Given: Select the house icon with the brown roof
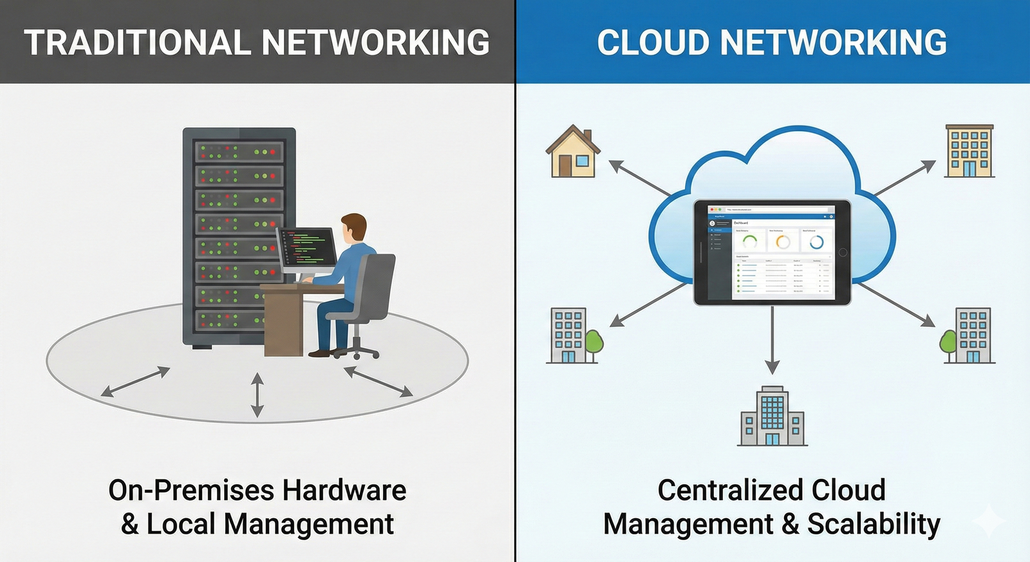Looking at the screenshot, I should click(x=572, y=153).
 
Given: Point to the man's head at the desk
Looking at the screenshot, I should click(x=353, y=228).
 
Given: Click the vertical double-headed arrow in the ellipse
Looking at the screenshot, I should click(x=257, y=395).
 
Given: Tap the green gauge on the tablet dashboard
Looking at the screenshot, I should click(x=749, y=242).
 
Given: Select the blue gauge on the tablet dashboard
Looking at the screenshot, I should click(x=816, y=242).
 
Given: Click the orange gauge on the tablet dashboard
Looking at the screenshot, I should click(x=783, y=242).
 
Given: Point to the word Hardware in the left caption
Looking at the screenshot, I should click(x=344, y=491).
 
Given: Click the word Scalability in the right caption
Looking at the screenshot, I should click(x=874, y=524).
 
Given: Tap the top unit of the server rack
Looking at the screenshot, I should click(x=239, y=152).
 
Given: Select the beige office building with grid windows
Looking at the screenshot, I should click(x=969, y=151).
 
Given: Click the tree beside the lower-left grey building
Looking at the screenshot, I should click(x=594, y=342).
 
